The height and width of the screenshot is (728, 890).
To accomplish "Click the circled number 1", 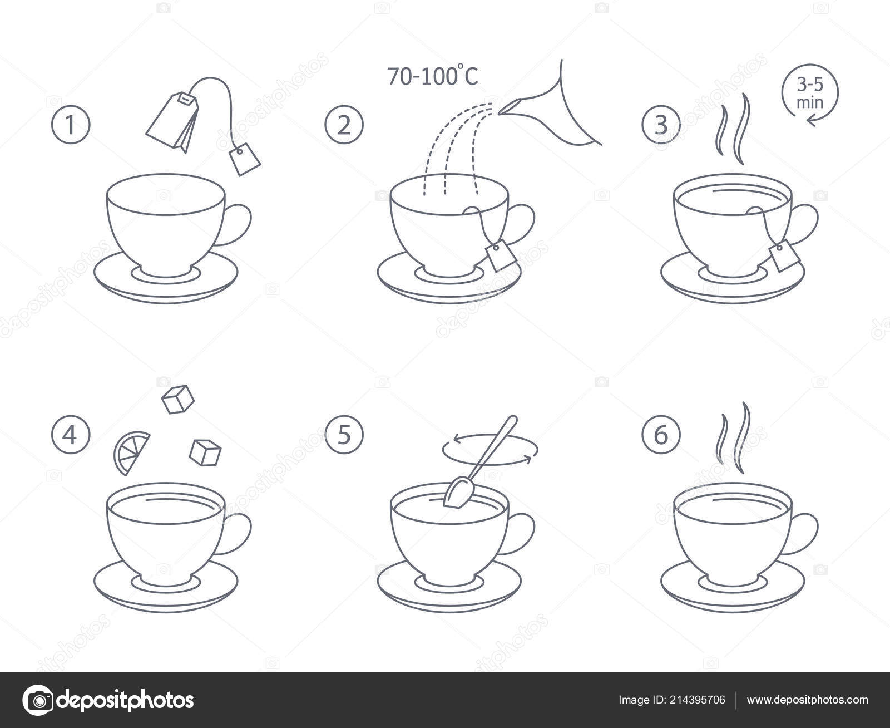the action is point(71,125).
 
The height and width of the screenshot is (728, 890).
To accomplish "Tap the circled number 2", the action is point(344,125).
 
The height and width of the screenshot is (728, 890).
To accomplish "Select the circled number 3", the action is point(661,125).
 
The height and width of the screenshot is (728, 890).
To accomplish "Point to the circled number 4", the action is point(71,435).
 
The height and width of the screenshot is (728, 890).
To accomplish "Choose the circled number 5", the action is point(344,435).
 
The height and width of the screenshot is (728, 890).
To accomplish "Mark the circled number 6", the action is point(661,435).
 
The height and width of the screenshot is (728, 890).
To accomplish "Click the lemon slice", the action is point(130,452).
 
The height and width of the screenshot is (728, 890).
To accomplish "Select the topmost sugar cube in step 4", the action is point(177,399).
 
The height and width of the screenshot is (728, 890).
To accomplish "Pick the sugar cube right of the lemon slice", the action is point(205,452).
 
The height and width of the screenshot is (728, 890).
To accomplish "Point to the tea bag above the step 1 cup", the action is point(172,122).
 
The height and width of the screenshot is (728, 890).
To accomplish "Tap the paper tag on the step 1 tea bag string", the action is point(245,159).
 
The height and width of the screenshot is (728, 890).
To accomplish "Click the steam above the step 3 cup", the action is point(733,129).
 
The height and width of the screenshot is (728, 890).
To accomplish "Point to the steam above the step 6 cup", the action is point(733,439).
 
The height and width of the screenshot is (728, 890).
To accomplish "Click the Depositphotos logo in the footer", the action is point(108,700).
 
